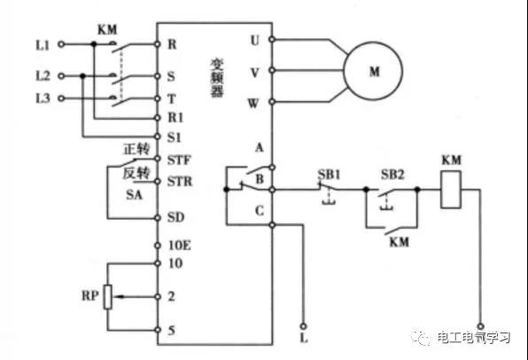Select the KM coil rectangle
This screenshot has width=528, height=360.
click(x=451, y=190)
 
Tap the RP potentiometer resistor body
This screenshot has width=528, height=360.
click(x=108, y=297)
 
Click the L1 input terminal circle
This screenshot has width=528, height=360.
click(x=61, y=43)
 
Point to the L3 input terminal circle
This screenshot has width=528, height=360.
click(x=61, y=98)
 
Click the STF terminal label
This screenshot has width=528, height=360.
click(x=179, y=160)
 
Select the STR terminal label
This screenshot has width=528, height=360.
click(x=180, y=182)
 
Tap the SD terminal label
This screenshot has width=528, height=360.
click(x=175, y=217)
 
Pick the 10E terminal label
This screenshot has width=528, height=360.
click(x=180, y=246)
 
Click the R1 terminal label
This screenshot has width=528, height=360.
click(x=175, y=118)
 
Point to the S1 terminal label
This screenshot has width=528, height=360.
click(x=175, y=137)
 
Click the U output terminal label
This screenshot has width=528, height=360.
click(x=255, y=40)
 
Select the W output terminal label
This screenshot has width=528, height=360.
click(x=253, y=103)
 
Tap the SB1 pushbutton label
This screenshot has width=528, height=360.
click(x=329, y=175)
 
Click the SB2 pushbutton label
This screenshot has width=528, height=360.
click(x=392, y=175)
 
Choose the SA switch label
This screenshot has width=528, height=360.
click(x=135, y=194)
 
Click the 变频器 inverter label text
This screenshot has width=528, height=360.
click(x=217, y=78)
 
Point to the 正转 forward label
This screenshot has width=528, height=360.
click(x=136, y=149)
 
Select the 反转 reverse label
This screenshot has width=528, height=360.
click(x=136, y=173)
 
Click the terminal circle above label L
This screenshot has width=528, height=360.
click(x=303, y=326)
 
